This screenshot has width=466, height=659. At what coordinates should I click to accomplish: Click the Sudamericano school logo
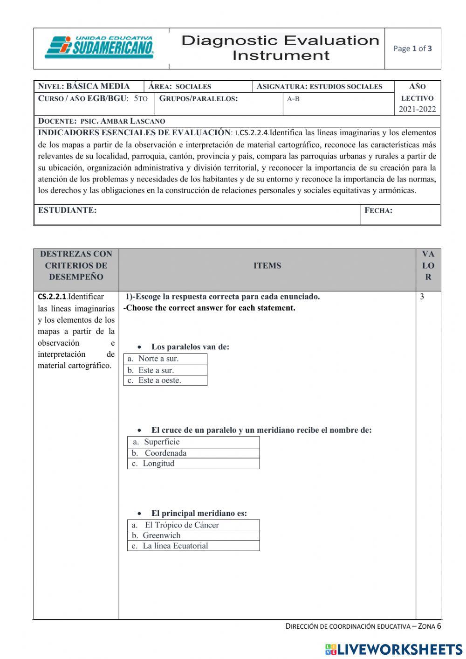pyautogui.click(x=99, y=48)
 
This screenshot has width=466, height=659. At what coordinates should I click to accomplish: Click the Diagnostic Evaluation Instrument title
pyautogui.click(x=281, y=48)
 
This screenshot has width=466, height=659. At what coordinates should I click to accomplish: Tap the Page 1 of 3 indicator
pyautogui.click(x=412, y=49)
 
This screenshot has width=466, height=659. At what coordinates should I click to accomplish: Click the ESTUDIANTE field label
pyautogui.click(x=68, y=210)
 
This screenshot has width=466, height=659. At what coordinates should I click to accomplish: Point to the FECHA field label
pyautogui.click(x=378, y=210)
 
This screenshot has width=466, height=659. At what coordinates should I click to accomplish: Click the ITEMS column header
pyautogui.click(x=267, y=266)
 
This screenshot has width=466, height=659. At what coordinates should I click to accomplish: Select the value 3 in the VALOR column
pyautogui.click(x=422, y=297)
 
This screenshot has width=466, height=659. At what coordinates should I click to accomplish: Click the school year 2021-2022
pyautogui.click(x=417, y=109)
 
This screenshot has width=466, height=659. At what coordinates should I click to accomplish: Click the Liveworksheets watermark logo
pyautogui.click(x=394, y=649)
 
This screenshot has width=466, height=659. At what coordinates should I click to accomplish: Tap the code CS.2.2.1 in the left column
pyautogui.click(x=52, y=297)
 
